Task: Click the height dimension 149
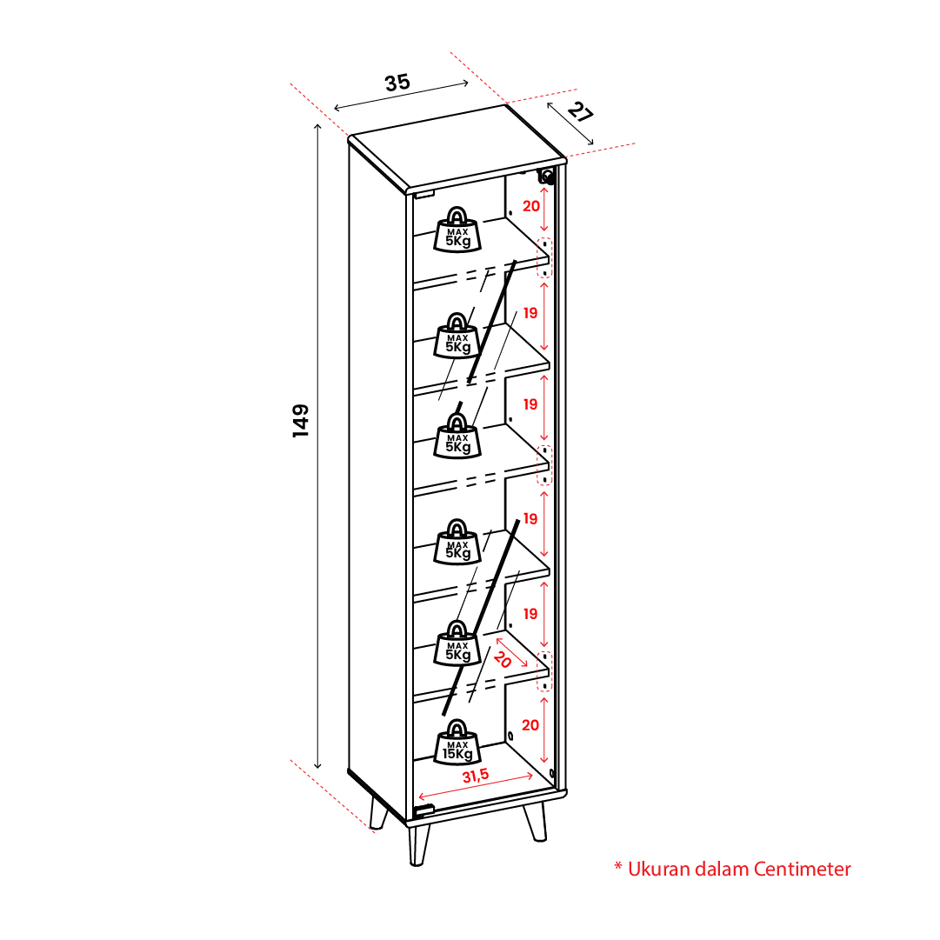point(300,420)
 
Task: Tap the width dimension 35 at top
point(397,82)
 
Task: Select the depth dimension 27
point(580,112)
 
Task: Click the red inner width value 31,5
point(476,776)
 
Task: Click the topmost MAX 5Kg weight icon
point(457,230)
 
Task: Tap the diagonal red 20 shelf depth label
point(503,659)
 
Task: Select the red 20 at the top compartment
point(531,206)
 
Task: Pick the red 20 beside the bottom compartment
point(530,725)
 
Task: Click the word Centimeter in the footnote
point(802,869)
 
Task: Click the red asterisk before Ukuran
point(618,866)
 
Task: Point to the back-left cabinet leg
point(379,813)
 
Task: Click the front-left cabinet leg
point(419,845)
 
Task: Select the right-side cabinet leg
point(535,822)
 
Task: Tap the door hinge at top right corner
point(547,177)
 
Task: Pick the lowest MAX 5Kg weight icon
point(457,643)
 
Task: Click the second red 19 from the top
point(530,404)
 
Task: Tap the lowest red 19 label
point(530,614)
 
